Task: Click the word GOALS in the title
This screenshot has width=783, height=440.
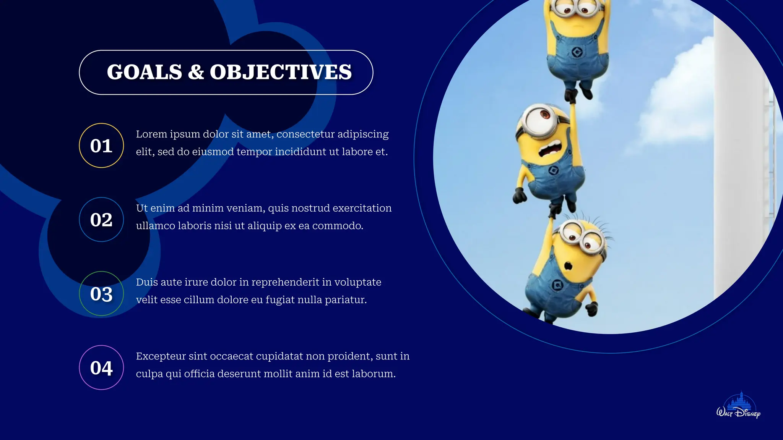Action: click(145, 72)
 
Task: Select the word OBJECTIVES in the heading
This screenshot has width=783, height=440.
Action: click(281, 72)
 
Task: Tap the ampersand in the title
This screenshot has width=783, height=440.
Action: click(196, 72)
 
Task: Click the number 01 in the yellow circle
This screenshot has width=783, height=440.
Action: click(101, 146)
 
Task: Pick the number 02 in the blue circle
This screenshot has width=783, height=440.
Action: click(101, 220)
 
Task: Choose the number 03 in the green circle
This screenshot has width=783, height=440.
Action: click(101, 294)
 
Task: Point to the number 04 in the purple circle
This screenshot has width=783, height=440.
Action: click(101, 368)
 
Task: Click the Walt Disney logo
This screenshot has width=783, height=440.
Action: click(738, 406)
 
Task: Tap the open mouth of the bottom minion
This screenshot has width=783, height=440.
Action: click(569, 265)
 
